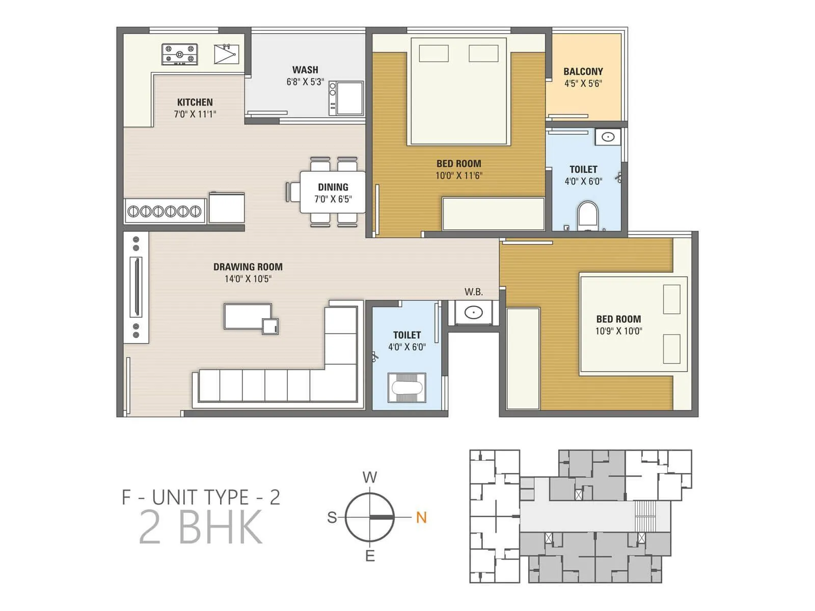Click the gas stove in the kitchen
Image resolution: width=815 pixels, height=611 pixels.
click(179, 54)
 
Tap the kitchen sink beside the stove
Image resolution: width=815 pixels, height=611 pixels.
click(226, 54)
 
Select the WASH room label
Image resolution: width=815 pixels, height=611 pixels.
click(305, 70)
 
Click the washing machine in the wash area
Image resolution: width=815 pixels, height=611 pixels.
click(346, 98)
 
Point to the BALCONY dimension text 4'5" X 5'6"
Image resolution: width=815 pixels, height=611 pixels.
click(583, 84)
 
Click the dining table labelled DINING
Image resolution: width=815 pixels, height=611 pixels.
click(333, 192)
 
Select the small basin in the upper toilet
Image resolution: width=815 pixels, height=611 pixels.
click(608, 137)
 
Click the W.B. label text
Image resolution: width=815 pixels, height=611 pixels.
click(473, 292)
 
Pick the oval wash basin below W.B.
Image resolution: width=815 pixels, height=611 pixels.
click(473, 312)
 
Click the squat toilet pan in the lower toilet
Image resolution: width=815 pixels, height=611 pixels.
click(406, 388)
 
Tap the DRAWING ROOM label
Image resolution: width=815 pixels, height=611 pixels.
click(248, 267)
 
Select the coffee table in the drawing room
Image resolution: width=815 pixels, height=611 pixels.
click(248, 316)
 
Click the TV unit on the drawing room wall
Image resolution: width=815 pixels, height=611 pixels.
click(136, 287)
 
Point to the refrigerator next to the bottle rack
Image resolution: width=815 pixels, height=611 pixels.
click(227, 207)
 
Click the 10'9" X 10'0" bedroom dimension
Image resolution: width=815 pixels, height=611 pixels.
click(618, 331)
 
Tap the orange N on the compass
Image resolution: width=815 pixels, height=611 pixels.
click(421, 517)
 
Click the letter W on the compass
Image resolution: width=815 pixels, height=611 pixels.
click(370, 477)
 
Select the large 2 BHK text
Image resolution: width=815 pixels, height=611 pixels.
click(201, 527)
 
